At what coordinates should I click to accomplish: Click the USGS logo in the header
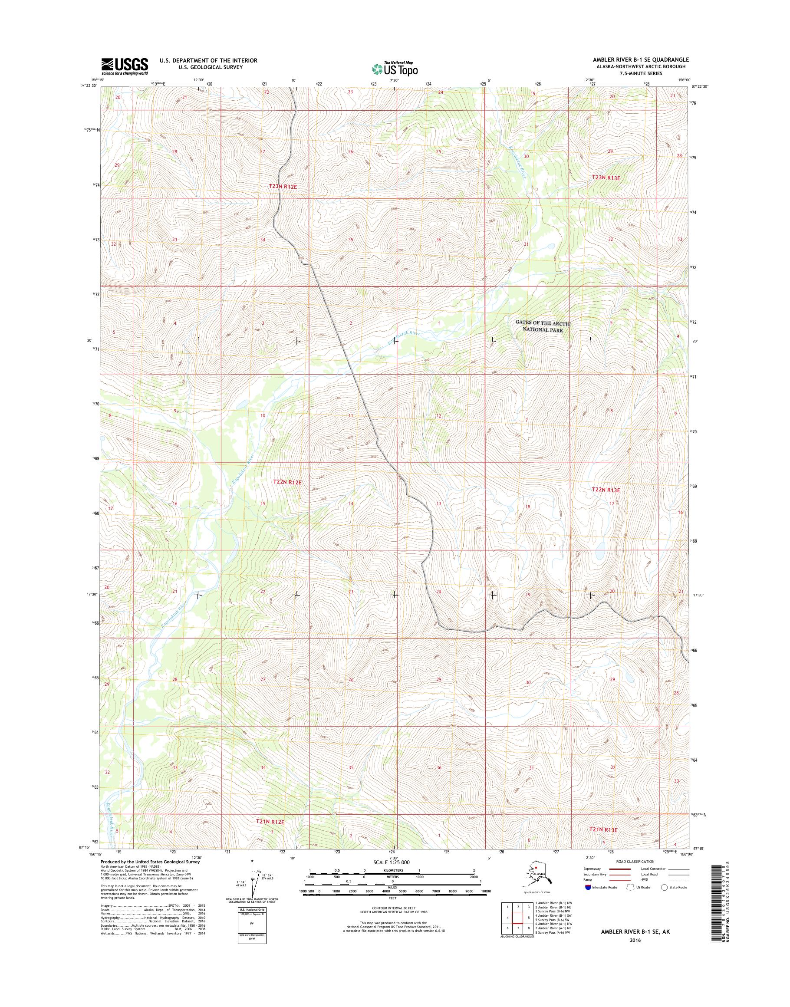pos(125,66)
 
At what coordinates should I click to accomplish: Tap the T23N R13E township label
pos(606,178)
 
